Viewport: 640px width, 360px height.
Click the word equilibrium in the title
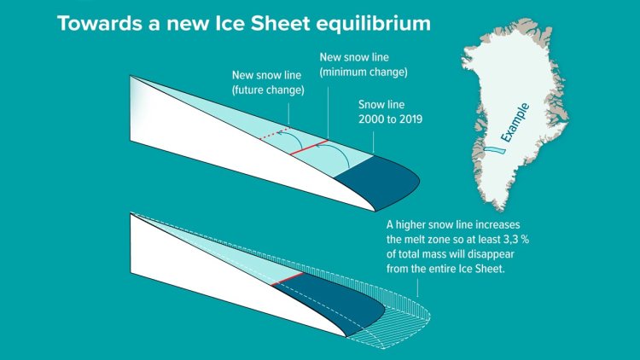(x=374, y=24)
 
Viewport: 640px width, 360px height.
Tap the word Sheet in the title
(x=281, y=23)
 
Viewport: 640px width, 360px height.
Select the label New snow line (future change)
(x=268, y=83)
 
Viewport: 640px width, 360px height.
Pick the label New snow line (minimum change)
(x=364, y=65)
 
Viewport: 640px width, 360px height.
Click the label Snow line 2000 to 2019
(x=390, y=112)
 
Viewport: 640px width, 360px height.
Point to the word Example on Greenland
(x=515, y=123)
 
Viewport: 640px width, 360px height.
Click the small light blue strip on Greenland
(x=495, y=150)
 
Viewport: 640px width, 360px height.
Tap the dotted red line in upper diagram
(x=275, y=133)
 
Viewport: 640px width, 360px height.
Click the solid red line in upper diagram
(x=309, y=148)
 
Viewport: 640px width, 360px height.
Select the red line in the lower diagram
(x=287, y=279)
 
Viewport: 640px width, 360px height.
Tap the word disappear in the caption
(x=491, y=254)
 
